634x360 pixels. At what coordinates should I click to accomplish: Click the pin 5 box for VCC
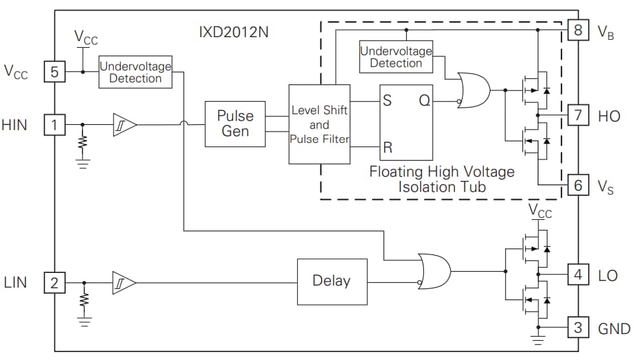55,71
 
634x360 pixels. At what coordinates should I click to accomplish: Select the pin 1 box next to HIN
55,124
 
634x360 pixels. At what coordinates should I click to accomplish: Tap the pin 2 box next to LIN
55,284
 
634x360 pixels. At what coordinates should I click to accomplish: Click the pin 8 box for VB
578,30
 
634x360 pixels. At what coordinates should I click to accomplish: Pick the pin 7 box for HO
578,115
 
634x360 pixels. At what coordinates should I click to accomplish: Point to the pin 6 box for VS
578,185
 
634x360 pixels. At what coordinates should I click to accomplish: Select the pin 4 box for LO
578,274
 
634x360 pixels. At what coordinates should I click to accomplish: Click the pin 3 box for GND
578,327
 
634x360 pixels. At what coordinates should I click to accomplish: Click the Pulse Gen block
235,124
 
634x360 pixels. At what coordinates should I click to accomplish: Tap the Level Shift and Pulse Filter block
319,124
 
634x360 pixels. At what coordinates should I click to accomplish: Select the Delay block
331,281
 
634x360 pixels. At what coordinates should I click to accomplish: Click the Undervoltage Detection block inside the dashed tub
396,57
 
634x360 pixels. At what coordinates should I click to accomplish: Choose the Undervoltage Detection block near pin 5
135,72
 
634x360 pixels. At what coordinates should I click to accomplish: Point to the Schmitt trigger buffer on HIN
124,124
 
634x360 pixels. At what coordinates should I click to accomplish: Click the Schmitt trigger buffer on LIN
124,284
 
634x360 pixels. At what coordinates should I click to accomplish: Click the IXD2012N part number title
235,31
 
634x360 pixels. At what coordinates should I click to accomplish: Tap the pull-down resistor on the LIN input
84,300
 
